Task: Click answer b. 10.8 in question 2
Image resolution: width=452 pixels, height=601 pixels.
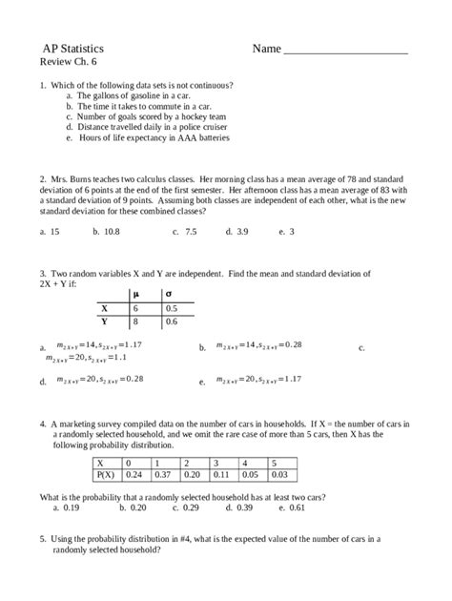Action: point(104,232)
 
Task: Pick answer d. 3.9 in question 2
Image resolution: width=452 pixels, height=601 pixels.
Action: point(236,232)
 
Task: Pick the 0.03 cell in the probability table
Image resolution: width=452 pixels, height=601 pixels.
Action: point(278,474)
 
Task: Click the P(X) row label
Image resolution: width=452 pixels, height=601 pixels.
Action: point(104,474)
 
